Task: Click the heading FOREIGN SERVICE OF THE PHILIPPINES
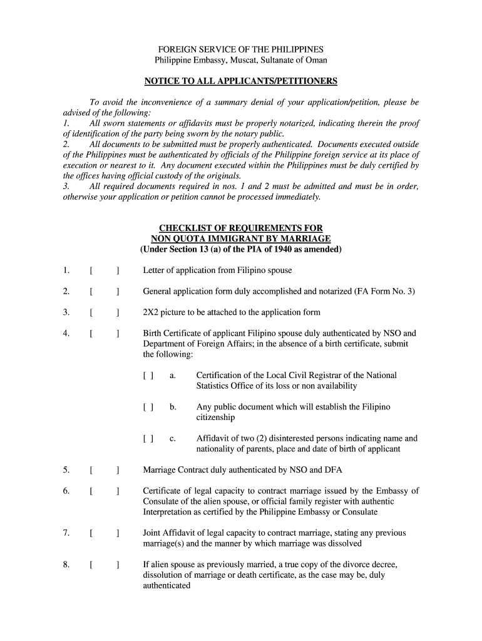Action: [x=240, y=49]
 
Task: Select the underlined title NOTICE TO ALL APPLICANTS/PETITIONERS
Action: [x=240, y=81]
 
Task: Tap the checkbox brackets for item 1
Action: [x=105, y=270]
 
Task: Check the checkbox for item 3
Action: [x=105, y=312]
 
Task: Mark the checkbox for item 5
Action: [x=105, y=469]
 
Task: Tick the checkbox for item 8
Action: [x=105, y=565]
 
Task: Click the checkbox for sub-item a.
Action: [x=148, y=376]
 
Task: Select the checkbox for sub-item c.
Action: [x=148, y=439]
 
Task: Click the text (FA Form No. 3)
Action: [x=384, y=292]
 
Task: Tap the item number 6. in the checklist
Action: [x=66, y=491]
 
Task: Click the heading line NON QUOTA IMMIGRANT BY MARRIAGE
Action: [x=240, y=239]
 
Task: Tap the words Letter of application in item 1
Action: [x=179, y=270]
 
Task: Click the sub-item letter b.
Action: [x=172, y=407]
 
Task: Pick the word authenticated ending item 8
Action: [x=167, y=585]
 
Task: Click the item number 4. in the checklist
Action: [x=66, y=334]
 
